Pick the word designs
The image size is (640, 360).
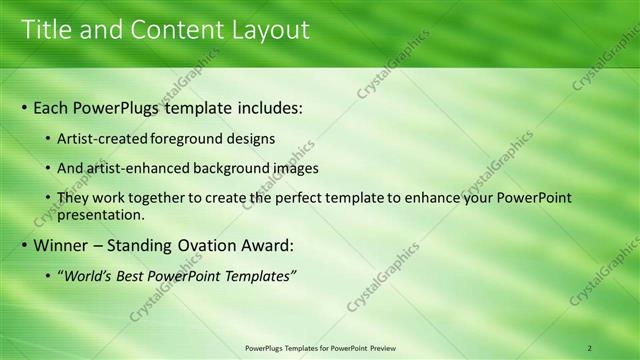click(x=252, y=138)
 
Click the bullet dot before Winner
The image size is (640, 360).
click(x=24, y=246)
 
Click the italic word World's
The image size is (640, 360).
click(x=87, y=275)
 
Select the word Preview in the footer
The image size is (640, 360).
click(x=382, y=348)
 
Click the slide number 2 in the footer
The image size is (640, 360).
click(x=590, y=348)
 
